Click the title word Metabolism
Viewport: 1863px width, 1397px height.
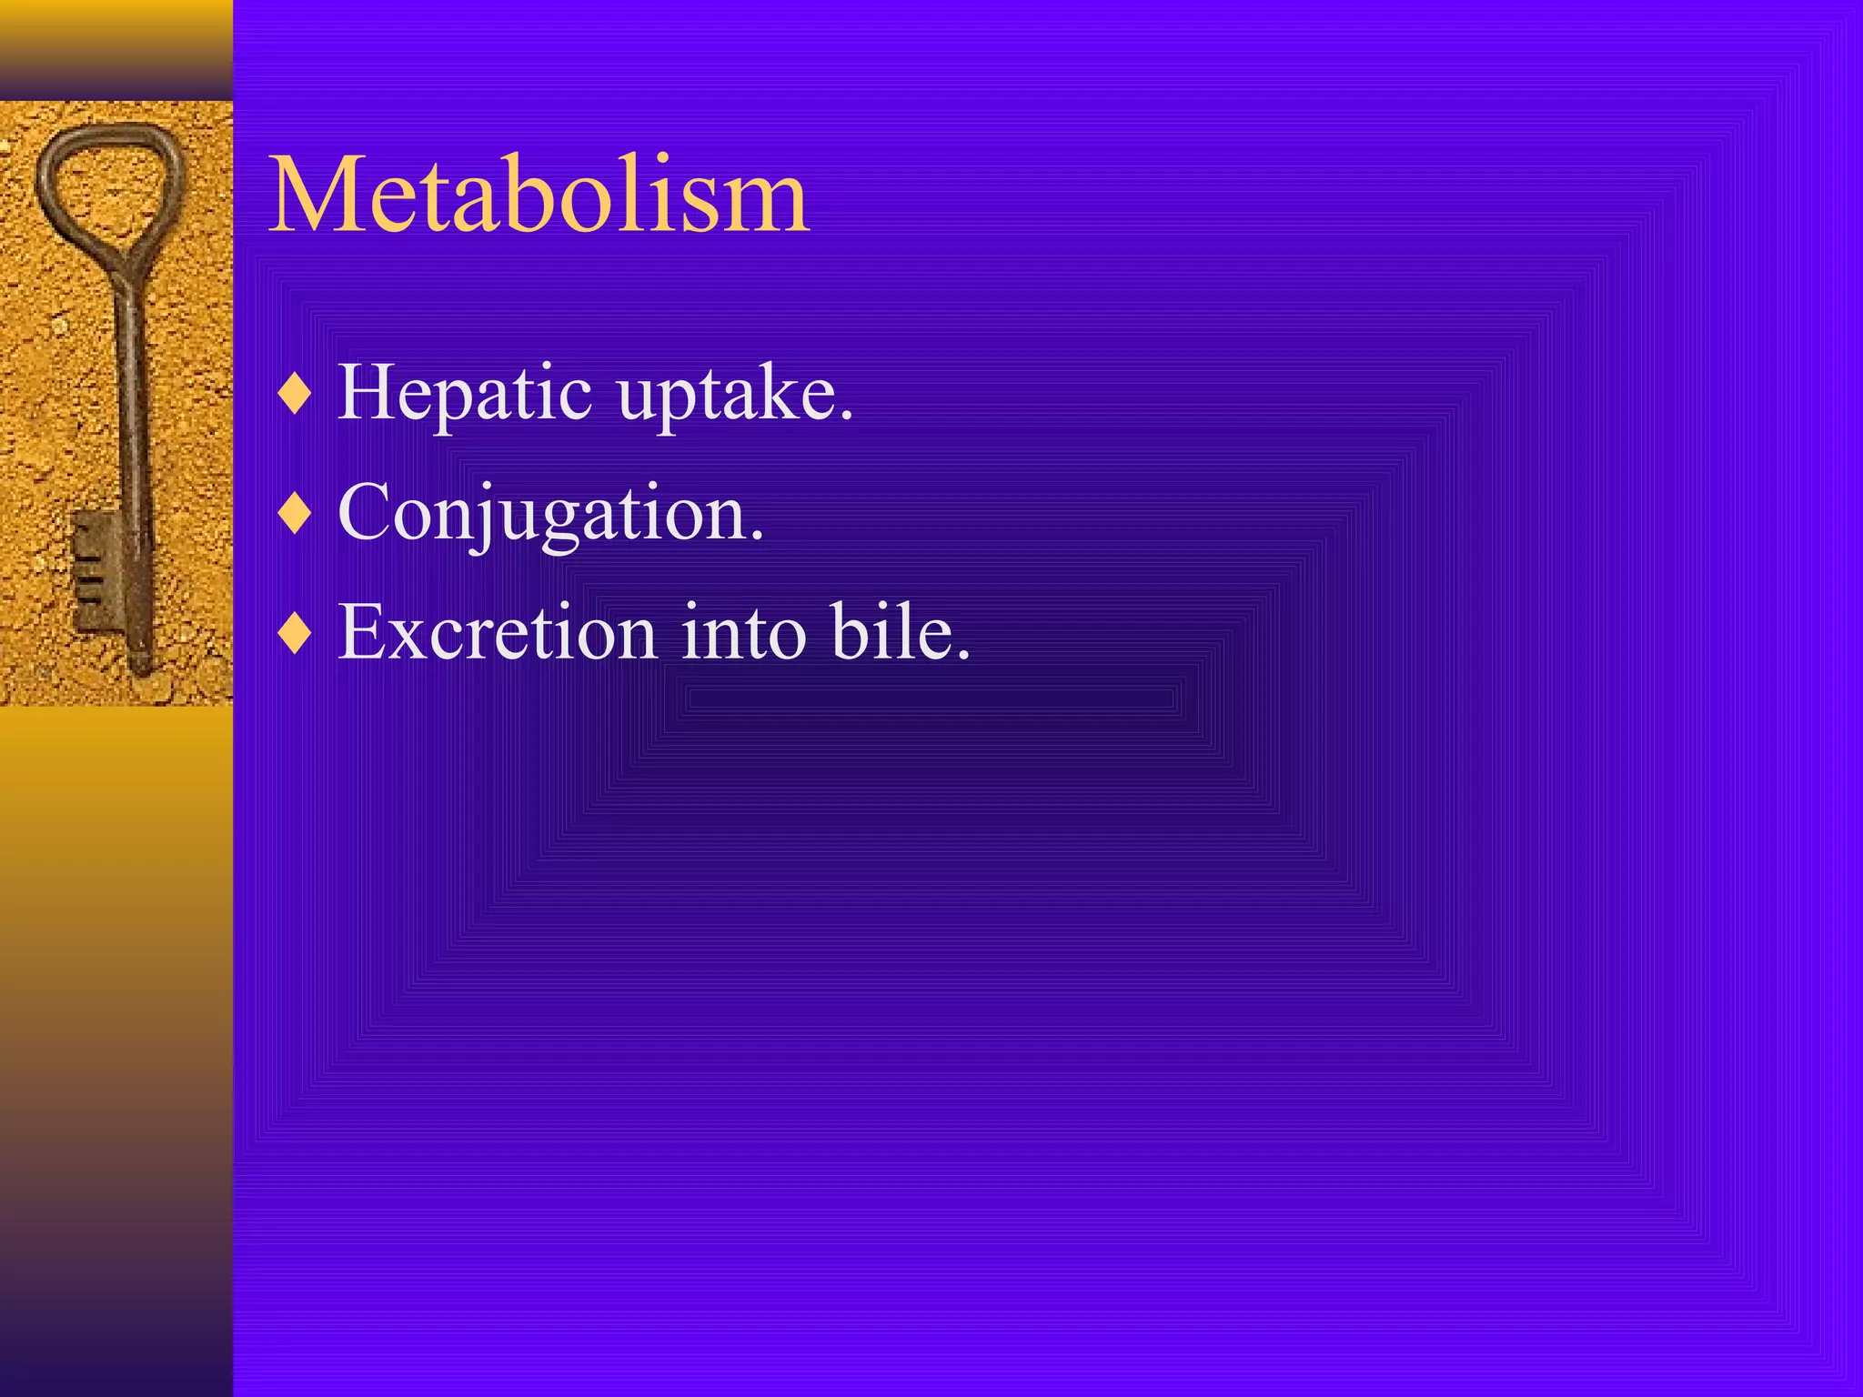coord(539,196)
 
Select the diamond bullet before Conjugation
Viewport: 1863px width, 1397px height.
coord(296,515)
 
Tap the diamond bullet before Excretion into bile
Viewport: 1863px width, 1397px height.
coord(296,633)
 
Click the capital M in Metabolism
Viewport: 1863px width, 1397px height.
coord(315,196)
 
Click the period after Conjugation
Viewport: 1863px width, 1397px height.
coord(757,536)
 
